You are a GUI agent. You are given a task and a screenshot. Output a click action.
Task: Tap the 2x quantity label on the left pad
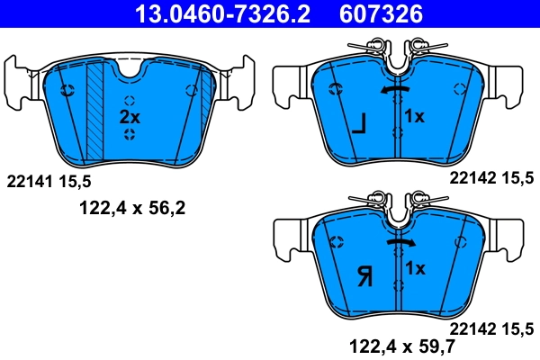point(130,117)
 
